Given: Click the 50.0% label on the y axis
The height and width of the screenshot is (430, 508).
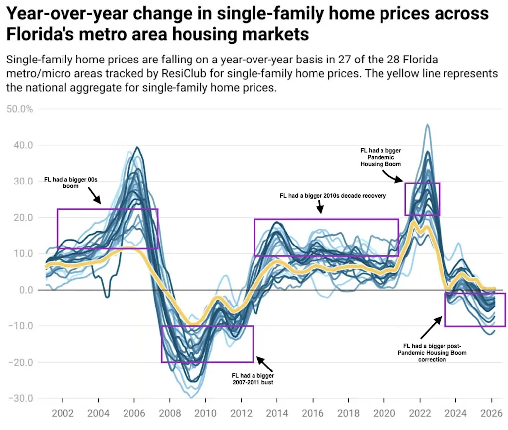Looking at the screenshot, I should pos(20,109).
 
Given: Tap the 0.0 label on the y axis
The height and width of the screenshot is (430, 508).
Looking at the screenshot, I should pos(24,290).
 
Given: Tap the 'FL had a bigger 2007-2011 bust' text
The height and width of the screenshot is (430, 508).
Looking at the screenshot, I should pos(253,379).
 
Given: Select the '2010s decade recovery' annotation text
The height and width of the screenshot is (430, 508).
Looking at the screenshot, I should pos(333,196).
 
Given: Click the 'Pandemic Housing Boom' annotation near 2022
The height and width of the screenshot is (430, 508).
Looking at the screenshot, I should pos(380,156).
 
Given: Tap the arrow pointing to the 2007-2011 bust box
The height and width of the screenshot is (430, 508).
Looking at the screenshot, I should pos(264,364).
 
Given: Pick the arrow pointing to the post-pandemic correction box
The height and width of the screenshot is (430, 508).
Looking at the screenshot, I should pos(431,328).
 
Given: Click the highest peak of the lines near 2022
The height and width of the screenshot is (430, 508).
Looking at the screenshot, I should pos(428,125).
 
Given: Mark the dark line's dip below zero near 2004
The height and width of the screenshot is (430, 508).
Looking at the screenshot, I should pos(107,296).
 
